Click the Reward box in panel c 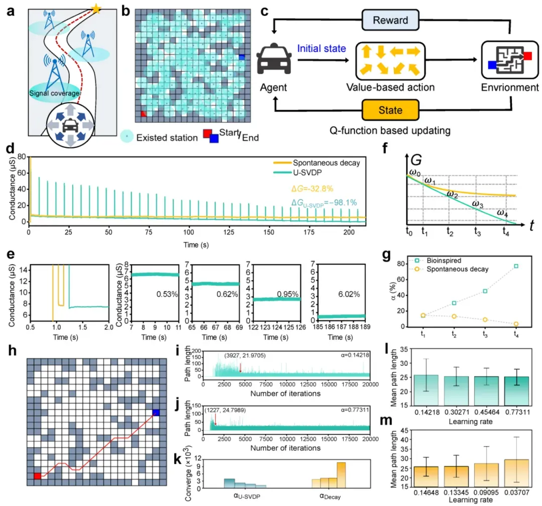[390, 20]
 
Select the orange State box [390, 110]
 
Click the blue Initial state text [322, 48]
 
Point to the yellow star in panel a [96, 9]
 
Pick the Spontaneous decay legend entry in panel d [316, 163]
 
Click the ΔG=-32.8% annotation [312, 188]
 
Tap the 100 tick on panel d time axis [188, 232]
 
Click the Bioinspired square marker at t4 [516, 266]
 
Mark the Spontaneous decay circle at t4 [516, 324]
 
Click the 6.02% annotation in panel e [349, 294]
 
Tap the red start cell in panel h [37, 476]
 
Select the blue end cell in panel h [156, 412]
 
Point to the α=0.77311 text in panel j [355, 410]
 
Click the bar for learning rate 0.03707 [516, 473]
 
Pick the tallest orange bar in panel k [341, 475]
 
